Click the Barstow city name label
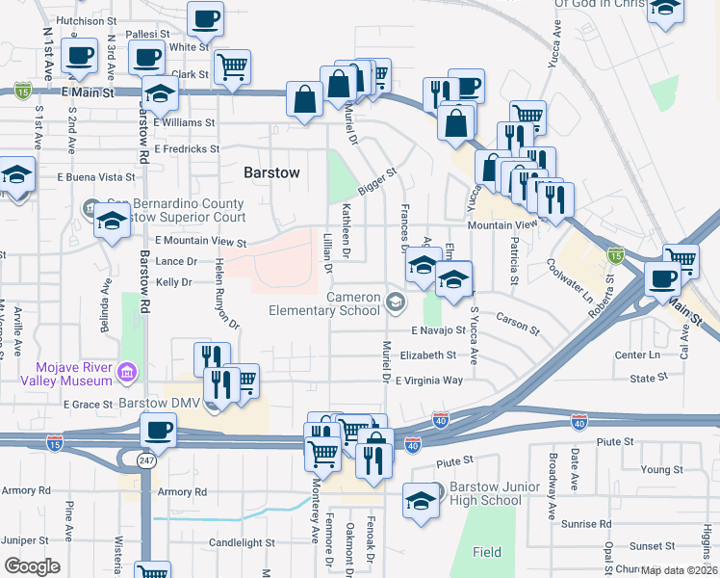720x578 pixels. point(271,172)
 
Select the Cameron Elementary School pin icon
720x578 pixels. point(395,303)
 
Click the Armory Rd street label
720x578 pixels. point(182,492)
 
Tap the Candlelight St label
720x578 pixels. point(242,543)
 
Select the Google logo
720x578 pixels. point(33,566)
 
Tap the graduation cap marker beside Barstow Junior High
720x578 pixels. point(421,501)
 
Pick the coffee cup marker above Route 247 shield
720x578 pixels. point(157,431)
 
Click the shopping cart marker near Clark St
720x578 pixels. point(232,67)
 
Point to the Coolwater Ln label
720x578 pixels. point(570,279)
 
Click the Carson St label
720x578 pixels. point(517,322)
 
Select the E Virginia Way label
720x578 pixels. point(428,381)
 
